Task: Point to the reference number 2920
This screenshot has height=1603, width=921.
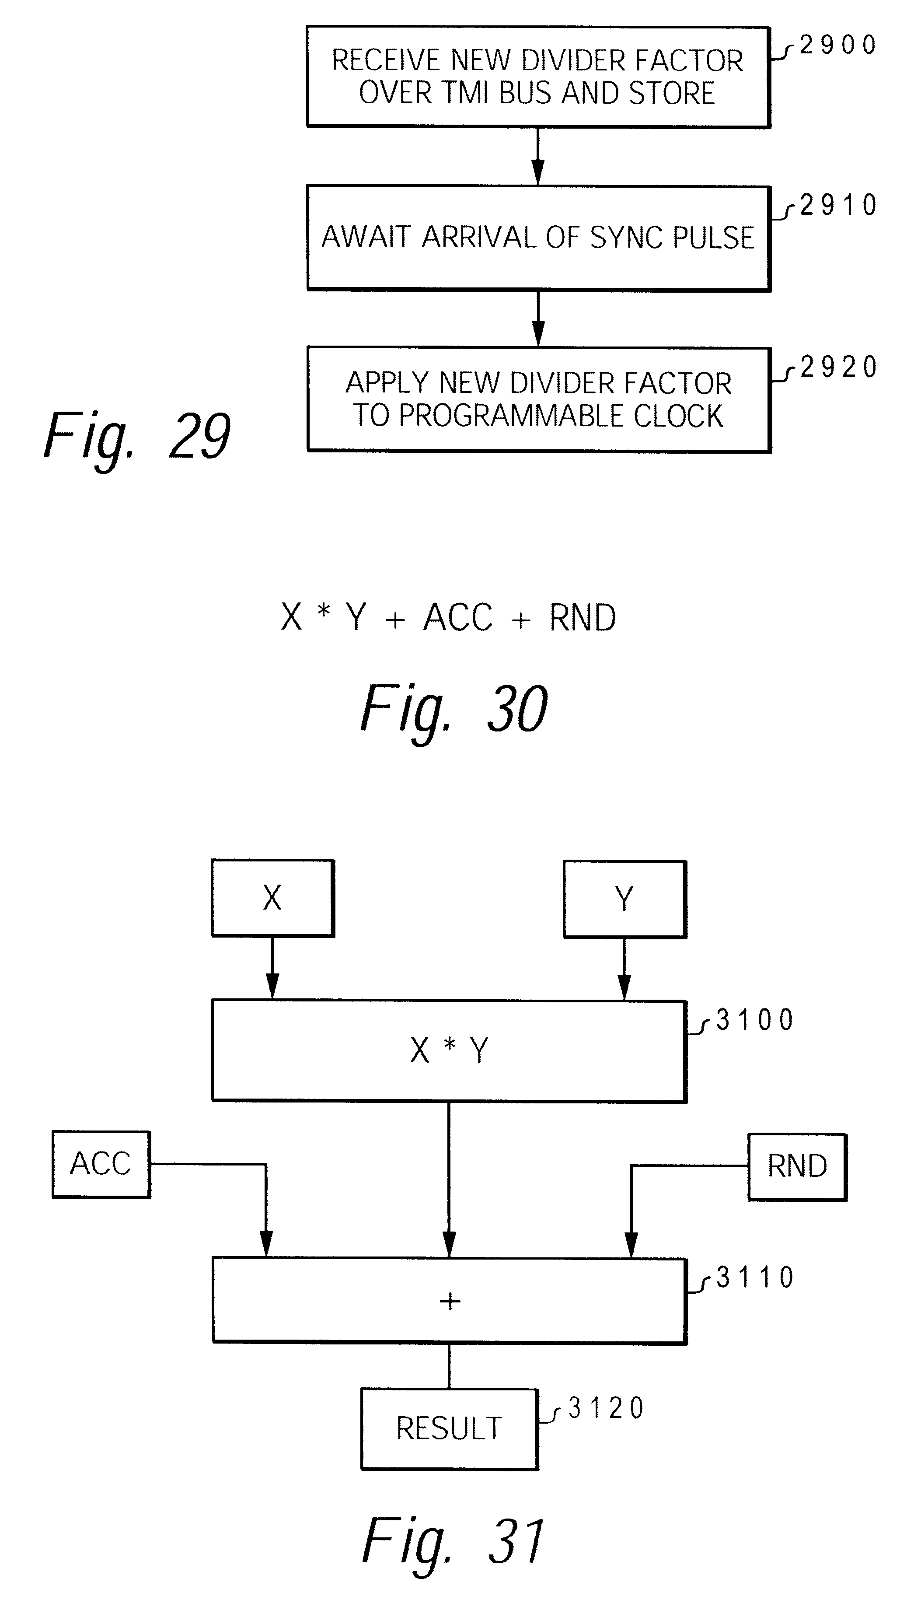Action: (839, 367)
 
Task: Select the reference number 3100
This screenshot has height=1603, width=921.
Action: (755, 1020)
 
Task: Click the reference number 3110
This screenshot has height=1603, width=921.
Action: (755, 1277)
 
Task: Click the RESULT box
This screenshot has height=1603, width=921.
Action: (449, 1428)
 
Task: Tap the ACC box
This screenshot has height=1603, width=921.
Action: (101, 1164)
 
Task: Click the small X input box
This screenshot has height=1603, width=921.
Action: (272, 898)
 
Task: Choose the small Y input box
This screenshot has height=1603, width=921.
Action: (625, 899)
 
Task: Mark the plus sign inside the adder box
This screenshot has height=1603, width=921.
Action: (450, 1301)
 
